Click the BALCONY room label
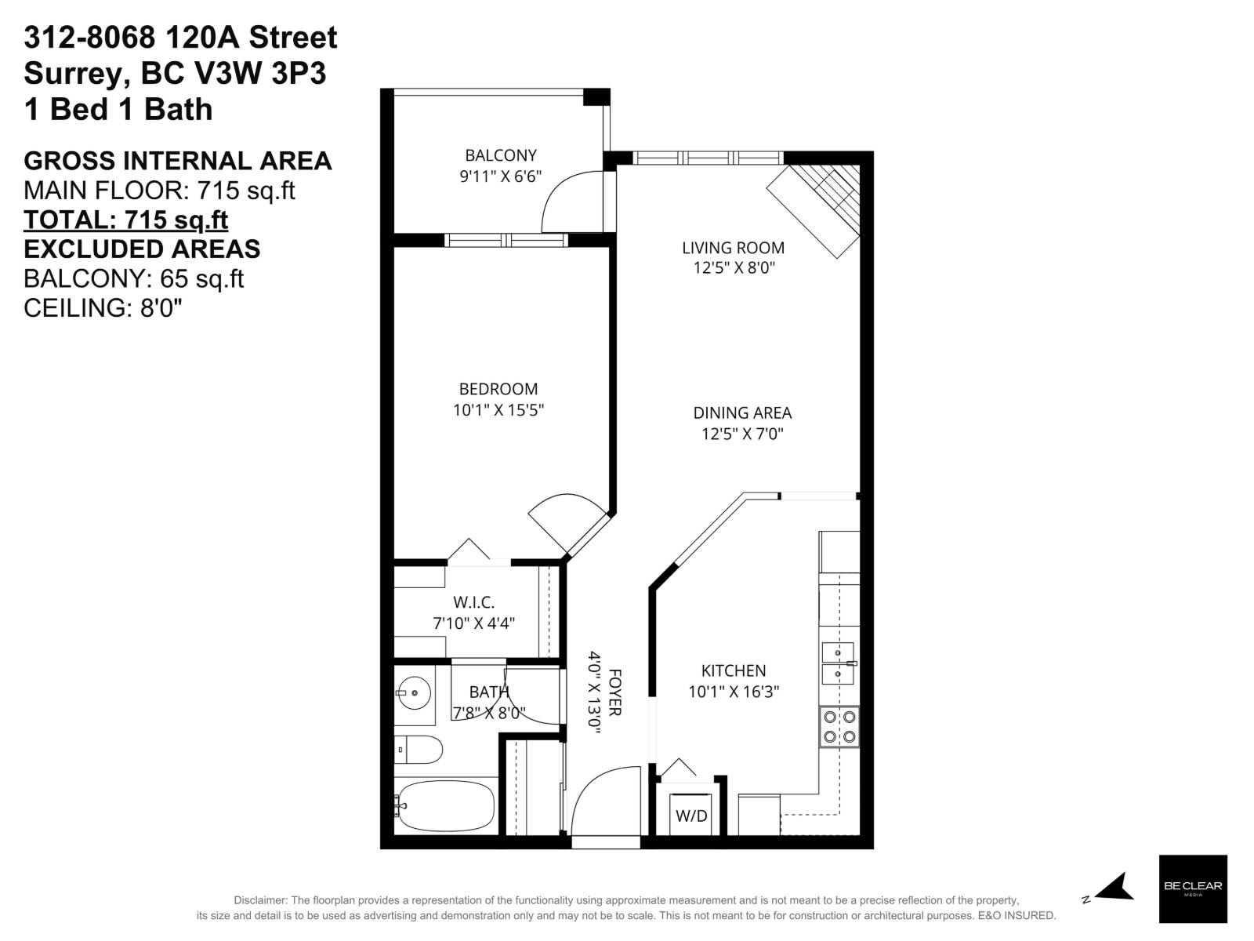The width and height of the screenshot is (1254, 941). (x=500, y=155)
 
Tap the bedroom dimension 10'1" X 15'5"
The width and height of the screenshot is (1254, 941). (x=498, y=409)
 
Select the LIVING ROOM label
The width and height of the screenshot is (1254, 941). (x=733, y=248)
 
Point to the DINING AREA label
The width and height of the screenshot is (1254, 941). (x=742, y=412)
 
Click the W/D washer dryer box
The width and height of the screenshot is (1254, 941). (x=691, y=815)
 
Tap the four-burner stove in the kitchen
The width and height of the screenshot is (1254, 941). (x=839, y=726)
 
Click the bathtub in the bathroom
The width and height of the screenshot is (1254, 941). (x=445, y=806)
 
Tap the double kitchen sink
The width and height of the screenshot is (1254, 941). (x=838, y=663)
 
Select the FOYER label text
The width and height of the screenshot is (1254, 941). (x=615, y=692)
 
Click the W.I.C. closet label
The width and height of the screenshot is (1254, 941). (x=473, y=602)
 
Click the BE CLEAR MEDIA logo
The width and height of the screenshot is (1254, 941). (x=1192, y=888)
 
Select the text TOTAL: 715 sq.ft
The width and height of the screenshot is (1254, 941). (x=125, y=220)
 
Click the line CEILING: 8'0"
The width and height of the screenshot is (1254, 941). (x=103, y=308)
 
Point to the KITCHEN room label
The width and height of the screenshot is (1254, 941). (x=733, y=670)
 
